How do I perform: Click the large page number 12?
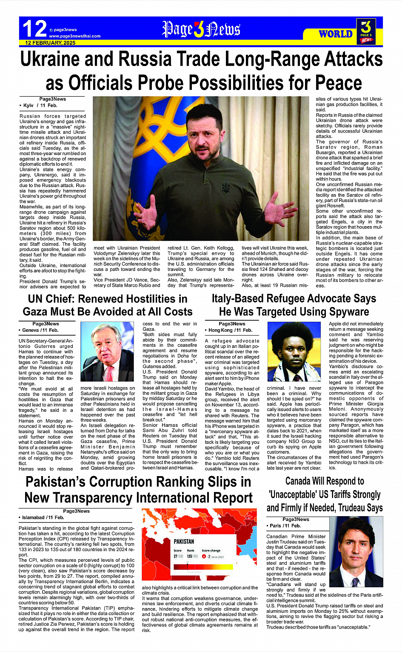34,29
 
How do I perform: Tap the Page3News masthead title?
201,29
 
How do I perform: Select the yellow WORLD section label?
336,34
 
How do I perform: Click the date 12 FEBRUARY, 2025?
50,43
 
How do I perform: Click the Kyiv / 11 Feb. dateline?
39,105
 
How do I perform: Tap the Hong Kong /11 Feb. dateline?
230,330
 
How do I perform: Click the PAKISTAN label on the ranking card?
184,541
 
